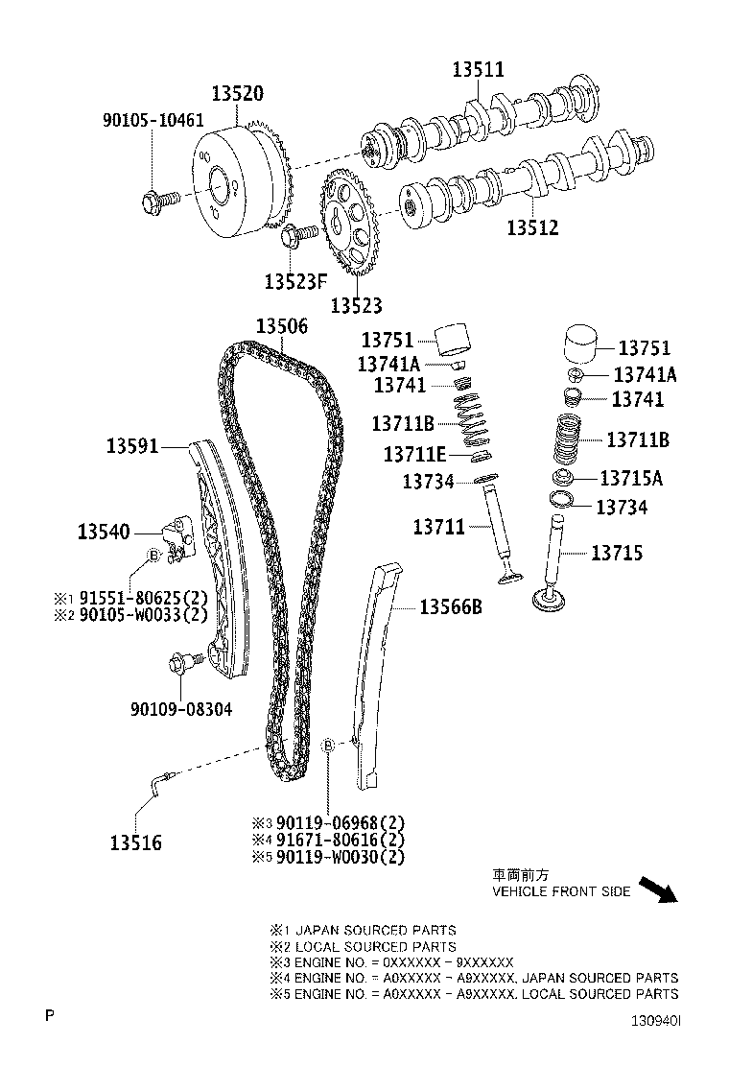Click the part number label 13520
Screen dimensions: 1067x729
(x=237, y=93)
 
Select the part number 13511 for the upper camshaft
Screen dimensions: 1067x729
(x=478, y=69)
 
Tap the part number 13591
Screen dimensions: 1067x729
(x=132, y=446)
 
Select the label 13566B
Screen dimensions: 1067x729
(x=450, y=606)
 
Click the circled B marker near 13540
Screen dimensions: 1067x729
(x=152, y=556)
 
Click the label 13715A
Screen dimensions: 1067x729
(x=630, y=478)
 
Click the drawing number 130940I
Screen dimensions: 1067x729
(x=655, y=1022)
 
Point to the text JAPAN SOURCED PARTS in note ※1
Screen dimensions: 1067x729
(x=375, y=930)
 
